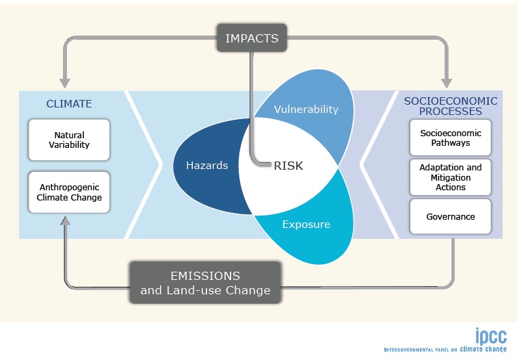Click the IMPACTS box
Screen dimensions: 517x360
pos(252,38)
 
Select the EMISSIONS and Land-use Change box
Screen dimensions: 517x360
pos(205,283)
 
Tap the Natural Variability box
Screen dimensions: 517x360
pos(69,140)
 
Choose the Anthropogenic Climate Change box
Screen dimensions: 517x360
pos(69,192)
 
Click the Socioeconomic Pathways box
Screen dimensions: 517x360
pos(451,138)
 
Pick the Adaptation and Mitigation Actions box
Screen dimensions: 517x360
pos(451,177)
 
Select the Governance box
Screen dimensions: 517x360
pos(451,216)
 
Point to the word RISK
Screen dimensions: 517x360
pos(289,166)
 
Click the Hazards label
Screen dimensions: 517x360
pos(207,166)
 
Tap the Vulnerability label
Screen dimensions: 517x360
pos(306,110)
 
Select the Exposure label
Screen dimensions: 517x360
pos(306,224)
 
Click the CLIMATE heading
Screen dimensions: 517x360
pos(69,103)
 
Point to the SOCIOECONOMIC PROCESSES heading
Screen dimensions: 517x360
pos(451,106)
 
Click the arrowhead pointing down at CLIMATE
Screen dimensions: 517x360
pos(64,83)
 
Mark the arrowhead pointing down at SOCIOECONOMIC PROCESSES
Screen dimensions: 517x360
pos(447,83)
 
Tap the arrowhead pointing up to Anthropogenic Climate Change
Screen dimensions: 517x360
pos(66,221)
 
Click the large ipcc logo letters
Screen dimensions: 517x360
pos(491,336)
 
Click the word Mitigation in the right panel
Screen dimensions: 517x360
pos(451,177)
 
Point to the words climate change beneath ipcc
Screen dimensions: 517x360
pos(483,349)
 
